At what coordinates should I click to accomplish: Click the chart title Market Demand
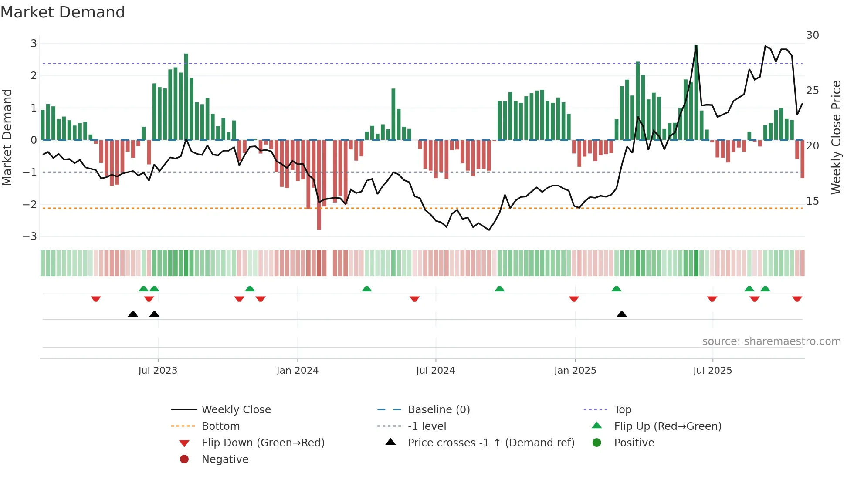coord(63,12)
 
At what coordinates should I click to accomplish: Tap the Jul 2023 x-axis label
coord(158,371)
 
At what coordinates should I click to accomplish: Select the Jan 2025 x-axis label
coord(575,371)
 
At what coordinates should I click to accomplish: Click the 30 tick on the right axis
coord(813,35)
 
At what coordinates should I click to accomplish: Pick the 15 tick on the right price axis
coord(813,201)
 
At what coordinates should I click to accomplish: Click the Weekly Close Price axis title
coord(836,137)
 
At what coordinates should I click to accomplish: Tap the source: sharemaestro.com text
coord(771,341)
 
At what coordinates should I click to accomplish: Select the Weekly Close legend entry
coord(236,410)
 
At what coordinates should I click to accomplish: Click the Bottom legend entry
coord(220,426)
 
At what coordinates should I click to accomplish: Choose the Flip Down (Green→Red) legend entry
coord(263,443)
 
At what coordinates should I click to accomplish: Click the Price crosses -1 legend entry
coord(491,443)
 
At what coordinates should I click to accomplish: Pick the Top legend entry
coord(623,410)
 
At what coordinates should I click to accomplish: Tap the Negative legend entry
coord(225,460)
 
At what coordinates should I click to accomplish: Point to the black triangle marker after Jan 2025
coord(622,314)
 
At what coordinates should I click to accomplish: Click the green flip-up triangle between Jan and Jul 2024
coord(367,289)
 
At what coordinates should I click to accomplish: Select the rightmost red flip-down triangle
coord(797,299)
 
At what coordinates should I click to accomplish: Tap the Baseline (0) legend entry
coord(438,410)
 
